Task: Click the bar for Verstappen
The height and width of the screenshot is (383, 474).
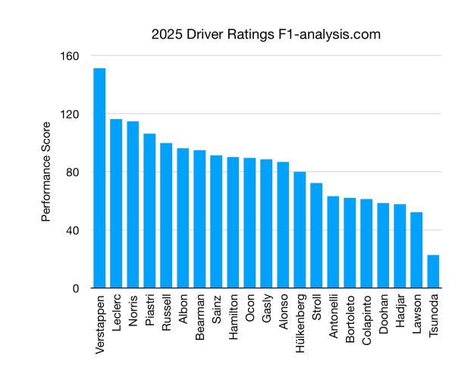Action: pos(99,178)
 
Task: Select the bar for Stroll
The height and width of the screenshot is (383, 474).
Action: pos(316,235)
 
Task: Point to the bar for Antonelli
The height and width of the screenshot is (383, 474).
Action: pos(333,242)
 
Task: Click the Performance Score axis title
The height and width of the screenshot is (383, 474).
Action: pos(46,171)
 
